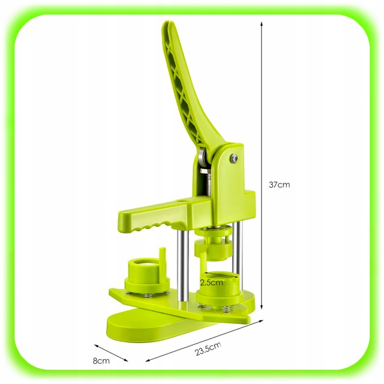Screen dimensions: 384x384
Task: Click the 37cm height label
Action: tap(279, 185)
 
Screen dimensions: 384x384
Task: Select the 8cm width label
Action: tap(101, 361)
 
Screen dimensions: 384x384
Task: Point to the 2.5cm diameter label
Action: tap(211, 282)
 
